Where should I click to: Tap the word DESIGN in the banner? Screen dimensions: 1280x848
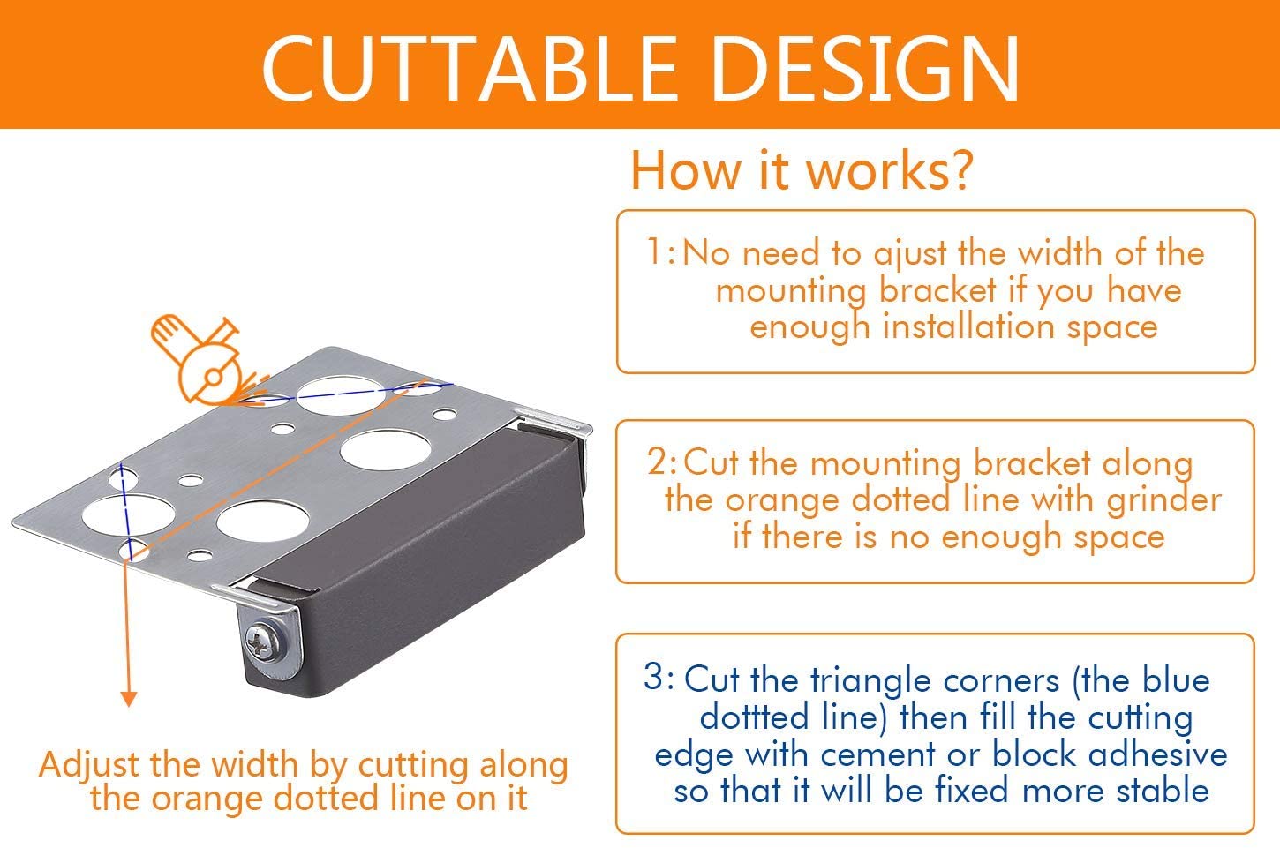pos(866,69)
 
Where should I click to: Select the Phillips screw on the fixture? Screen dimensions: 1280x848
pos(261,642)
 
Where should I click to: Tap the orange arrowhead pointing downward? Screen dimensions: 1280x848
pos(129,698)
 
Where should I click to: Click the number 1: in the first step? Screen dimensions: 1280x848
pos(661,251)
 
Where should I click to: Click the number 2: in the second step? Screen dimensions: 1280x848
pos(663,462)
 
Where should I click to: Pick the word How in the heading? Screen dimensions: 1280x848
pos(684,170)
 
